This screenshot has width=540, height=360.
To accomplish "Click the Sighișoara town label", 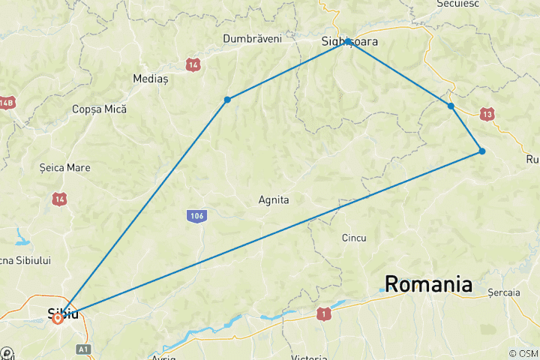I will click(x=350, y=42).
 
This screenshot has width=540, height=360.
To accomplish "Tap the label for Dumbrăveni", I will click(x=252, y=38).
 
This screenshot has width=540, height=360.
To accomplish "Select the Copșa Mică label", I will click(x=99, y=109).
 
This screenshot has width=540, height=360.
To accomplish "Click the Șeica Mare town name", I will click(x=64, y=166).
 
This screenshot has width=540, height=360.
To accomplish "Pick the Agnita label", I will click(x=273, y=200).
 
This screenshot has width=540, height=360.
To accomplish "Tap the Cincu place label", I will click(x=353, y=238).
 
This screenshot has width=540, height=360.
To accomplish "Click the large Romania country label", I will click(x=428, y=284).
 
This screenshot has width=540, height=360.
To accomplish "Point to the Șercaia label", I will click(x=503, y=292).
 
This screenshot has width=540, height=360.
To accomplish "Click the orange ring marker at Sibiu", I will click(x=58, y=318).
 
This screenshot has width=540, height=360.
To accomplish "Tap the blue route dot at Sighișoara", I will click(x=348, y=41).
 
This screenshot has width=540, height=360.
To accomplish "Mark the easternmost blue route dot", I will click(x=482, y=151).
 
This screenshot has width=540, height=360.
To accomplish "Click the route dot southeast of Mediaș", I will click(x=227, y=99).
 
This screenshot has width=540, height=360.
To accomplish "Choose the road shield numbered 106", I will click(x=196, y=216).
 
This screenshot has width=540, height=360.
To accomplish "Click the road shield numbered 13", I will click(x=488, y=114).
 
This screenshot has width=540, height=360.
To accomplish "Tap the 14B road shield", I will click(x=7, y=103).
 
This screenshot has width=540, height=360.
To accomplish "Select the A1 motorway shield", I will click(x=82, y=349).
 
